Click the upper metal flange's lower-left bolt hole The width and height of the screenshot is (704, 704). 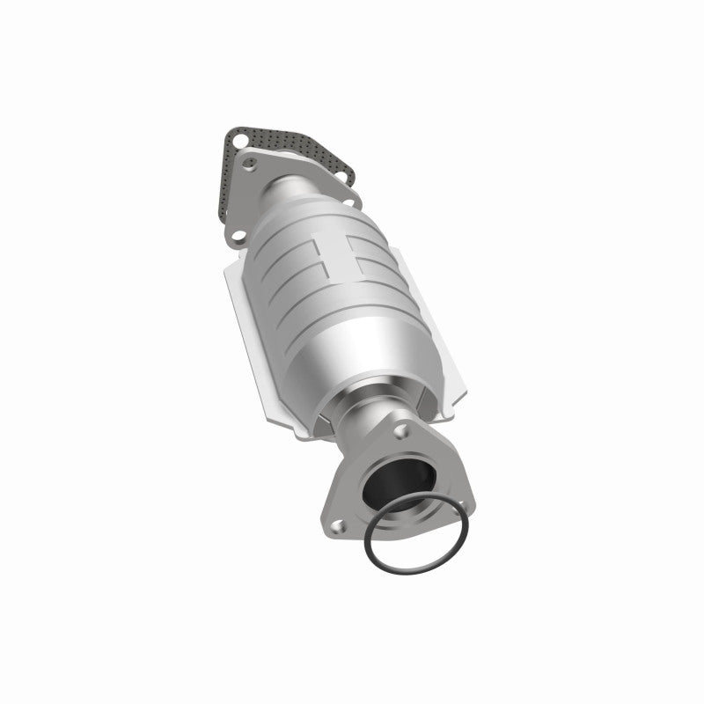click(236, 235)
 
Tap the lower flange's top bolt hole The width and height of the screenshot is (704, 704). click(400, 433)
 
